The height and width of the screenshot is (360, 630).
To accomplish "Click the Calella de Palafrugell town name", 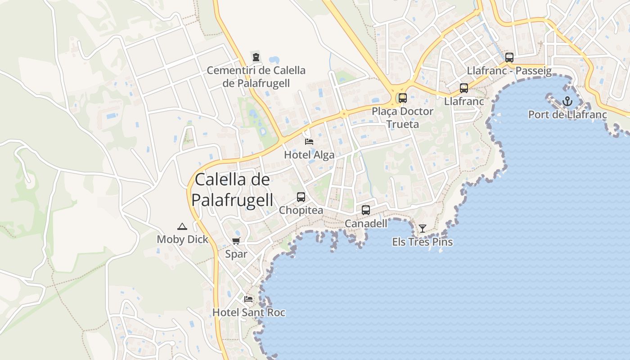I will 233,189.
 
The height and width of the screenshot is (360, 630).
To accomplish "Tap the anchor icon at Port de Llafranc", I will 567,101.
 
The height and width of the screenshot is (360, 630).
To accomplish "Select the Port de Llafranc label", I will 567,115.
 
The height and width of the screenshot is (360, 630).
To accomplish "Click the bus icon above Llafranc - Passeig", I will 509,58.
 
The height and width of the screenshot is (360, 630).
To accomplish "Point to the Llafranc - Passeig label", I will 509,71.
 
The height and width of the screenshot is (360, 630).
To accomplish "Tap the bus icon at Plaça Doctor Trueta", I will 402,98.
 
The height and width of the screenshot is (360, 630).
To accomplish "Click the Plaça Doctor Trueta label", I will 403,117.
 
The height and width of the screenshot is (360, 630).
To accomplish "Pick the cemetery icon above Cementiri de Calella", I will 256,57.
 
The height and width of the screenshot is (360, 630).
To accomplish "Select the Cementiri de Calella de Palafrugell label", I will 256,76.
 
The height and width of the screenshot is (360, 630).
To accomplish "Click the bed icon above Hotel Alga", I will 309,141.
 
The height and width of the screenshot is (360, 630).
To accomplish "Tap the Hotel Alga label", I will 309,155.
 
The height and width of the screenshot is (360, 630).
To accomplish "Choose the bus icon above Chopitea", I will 301,197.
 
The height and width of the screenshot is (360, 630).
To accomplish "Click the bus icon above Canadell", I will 366,210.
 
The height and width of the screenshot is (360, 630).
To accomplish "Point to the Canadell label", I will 366,223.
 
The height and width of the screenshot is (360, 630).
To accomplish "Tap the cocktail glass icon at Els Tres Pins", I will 422,229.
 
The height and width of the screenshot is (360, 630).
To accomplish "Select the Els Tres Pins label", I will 422,242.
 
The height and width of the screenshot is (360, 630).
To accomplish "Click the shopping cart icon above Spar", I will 236,241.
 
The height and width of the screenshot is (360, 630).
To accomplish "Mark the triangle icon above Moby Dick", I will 182,226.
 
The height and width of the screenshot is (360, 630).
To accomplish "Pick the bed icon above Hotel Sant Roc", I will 248,299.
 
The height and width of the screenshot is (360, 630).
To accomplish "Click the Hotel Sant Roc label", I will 248,312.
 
